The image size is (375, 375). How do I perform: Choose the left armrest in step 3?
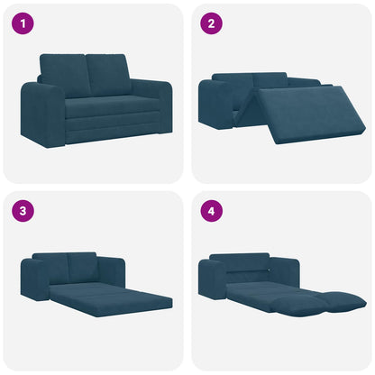point(33,281)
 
